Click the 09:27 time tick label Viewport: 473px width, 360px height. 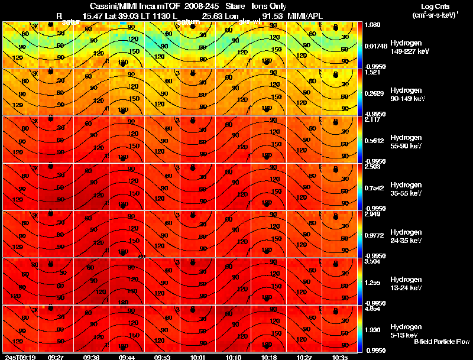pos(56,357)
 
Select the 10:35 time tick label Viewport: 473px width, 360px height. pos(340,357)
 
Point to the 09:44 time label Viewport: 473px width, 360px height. pos(127,357)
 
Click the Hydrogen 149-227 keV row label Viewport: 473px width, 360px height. pos(409,47)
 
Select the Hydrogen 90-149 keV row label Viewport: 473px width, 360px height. pos(409,95)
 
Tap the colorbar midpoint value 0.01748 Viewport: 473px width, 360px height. pos(376,45)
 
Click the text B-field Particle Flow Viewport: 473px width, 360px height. pos(441,342)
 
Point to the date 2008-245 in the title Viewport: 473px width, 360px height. pos(200,6)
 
